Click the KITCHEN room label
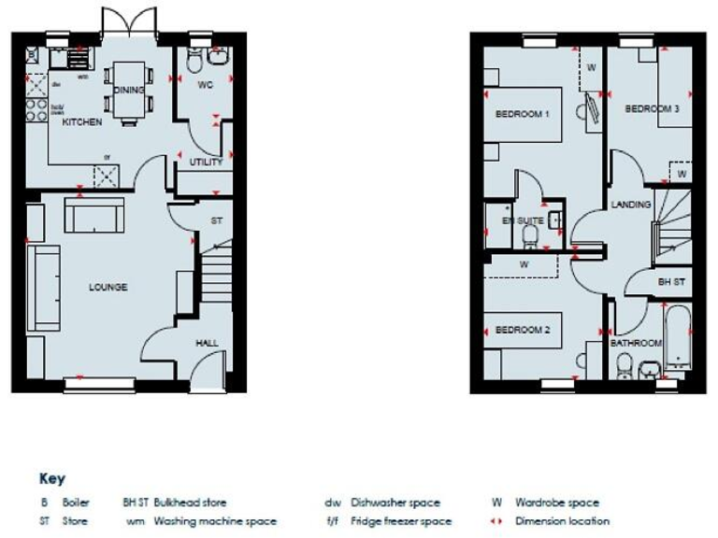click(x=82, y=122)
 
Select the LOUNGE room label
click(x=108, y=287)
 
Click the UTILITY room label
click(x=206, y=162)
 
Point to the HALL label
click(x=207, y=343)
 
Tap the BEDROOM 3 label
click(x=652, y=109)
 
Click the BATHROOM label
click(x=636, y=343)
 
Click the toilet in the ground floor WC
click(x=194, y=63)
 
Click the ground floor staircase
click(x=215, y=271)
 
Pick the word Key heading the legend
click(x=52, y=479)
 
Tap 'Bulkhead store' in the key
click(x=190, y=503)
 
